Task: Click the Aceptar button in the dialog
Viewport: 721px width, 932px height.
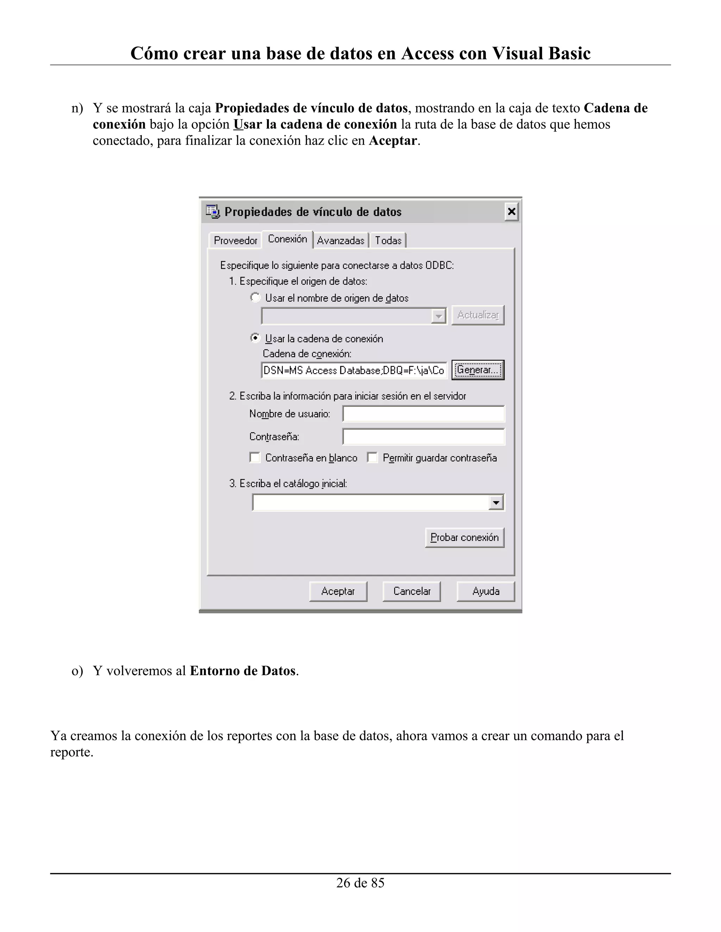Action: [338, 591]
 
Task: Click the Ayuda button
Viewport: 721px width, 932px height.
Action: [485, 591]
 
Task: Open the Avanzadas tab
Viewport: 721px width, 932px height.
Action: [340, 241]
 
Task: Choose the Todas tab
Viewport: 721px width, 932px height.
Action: [388, 241]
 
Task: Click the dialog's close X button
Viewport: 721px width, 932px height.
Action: [511, 212]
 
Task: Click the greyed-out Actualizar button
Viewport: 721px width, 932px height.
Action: [477, 315]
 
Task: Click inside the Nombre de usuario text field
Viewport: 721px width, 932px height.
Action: [423, 414]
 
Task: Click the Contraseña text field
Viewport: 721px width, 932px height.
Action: [423, 436]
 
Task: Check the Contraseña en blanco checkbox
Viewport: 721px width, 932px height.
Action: [255, 458]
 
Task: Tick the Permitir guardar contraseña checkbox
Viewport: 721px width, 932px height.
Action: [372, 458]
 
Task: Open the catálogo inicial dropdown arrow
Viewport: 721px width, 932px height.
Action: [495, 502]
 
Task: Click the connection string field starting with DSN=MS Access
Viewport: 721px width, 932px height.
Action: [354, 370]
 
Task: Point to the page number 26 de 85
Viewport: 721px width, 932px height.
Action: [360, 883]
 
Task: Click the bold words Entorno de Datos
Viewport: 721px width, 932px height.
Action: [243, 671]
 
